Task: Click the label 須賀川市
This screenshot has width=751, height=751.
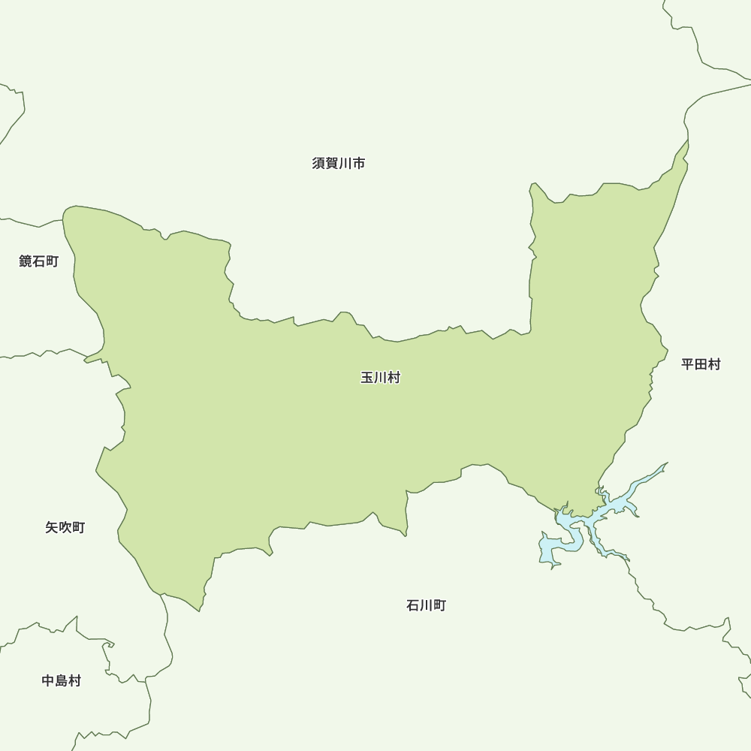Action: click(x=339, y=163)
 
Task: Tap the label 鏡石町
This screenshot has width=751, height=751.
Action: click(x=38, y=261)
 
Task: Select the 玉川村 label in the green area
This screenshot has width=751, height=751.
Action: click(x=381, y=378)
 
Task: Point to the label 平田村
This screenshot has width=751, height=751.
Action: click(x=701, y=364)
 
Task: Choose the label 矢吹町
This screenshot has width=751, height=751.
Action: click(x=65, y=527)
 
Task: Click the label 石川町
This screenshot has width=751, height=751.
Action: click(x=426, y=605)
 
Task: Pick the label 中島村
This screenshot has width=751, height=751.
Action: click(x=61, y=681)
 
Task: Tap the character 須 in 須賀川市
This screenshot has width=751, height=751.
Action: click(x=318, y=163)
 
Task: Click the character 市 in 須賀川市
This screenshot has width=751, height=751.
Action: click(x=359, y=163)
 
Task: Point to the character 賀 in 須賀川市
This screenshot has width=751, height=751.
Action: click(x=332, y=163)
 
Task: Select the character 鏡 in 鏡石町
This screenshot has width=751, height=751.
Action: click(x=26, y=261)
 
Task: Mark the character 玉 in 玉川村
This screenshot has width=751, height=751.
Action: click(x=367, y=378)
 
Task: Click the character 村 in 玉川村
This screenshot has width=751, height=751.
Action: click(x=394, y=378)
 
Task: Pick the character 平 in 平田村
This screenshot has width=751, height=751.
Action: click(x=688, y=364)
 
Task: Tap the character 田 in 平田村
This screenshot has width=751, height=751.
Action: click(x=701, y=364)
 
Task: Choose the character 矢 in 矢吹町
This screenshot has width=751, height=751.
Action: click(x=52, y=527)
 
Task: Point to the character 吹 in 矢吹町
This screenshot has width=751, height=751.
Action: click(x=65, y=527)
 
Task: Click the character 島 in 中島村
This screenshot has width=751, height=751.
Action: click(x=61, y=681)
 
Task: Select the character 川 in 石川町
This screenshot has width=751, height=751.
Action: click(x=426, y=605)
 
